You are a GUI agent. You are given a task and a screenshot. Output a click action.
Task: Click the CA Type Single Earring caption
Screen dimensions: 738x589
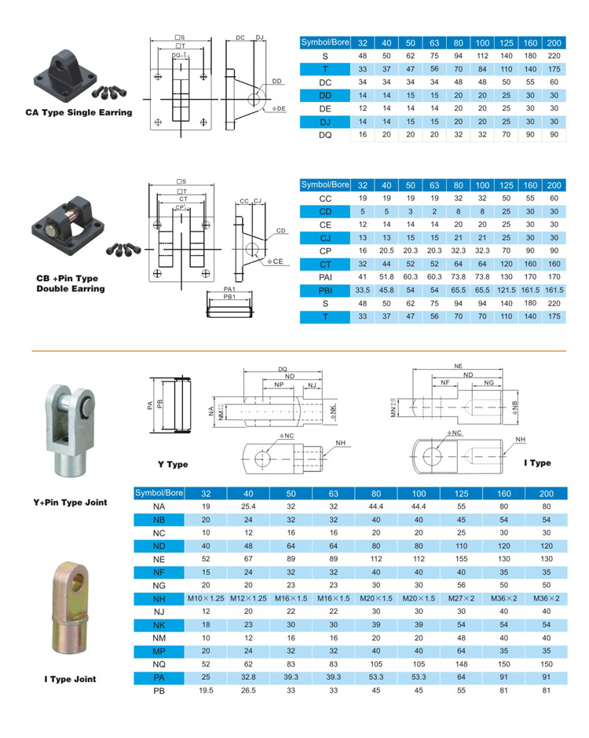point(78,112)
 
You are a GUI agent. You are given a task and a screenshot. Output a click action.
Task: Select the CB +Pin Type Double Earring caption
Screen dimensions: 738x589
point(71,283)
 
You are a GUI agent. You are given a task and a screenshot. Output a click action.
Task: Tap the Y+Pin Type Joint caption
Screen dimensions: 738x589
point(71,502)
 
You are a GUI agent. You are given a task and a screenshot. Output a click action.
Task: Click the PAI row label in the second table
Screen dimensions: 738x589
point(324,277)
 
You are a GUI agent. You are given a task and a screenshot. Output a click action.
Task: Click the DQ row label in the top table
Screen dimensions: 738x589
point(324,134)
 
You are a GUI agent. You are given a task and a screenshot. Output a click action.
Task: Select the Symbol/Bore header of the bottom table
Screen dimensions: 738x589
point(159,493)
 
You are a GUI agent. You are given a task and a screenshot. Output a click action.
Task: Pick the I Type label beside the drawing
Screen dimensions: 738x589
point(537,463)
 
